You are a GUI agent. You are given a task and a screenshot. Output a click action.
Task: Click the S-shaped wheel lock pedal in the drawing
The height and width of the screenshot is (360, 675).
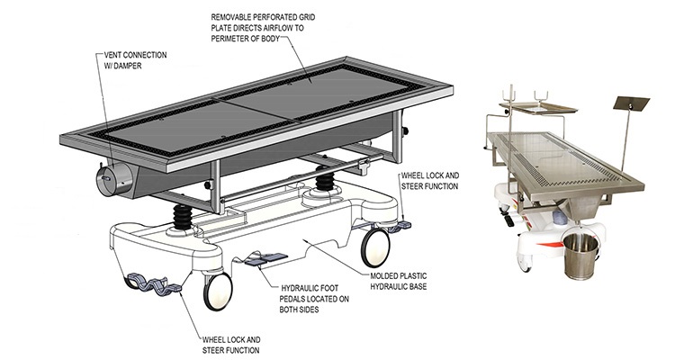click(x=152, y=280)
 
